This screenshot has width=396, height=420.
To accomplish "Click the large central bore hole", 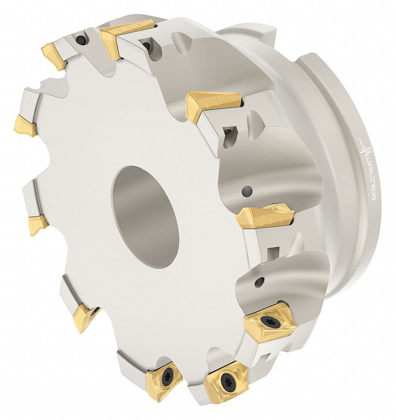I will (x=145, y=217).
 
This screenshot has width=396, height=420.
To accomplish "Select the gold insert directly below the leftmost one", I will (x=38, y=224).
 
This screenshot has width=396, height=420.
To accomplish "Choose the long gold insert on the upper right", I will (x=213, y=104).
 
